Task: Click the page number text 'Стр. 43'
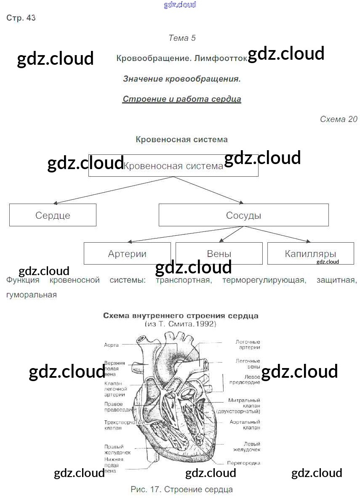21,18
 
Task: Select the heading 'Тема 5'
182,38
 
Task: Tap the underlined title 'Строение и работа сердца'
182,99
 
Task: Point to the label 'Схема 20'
339,119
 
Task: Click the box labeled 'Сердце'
53,215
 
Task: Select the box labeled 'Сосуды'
243,215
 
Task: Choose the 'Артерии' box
127,254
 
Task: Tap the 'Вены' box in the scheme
219,254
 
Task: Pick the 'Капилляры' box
310,254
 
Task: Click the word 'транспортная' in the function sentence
183,280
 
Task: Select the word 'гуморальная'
32,294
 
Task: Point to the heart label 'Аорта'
111,345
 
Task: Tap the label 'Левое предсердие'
245,379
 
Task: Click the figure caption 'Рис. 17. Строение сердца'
181,490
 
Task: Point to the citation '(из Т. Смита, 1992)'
181,324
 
